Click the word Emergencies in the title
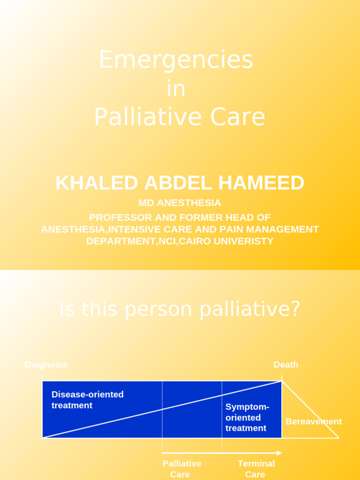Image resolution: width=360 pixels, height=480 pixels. [176, 60]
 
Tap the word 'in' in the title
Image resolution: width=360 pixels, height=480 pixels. [176, 89]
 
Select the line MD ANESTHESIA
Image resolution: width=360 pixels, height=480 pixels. [180, 203]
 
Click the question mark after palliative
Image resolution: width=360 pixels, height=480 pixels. [295, 309]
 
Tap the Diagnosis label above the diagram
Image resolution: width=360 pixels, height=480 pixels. [46, 365]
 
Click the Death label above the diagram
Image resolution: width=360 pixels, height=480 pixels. [286, 365]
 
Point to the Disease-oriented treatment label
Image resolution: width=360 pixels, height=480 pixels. [87, 400]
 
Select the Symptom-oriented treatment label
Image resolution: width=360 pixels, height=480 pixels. [247, 417]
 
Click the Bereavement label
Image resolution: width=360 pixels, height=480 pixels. [314, 421]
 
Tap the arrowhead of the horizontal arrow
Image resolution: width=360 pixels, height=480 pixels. [279, 453]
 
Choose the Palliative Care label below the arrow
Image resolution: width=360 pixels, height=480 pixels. [182, 469]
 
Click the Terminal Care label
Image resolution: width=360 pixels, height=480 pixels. [256, 469]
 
